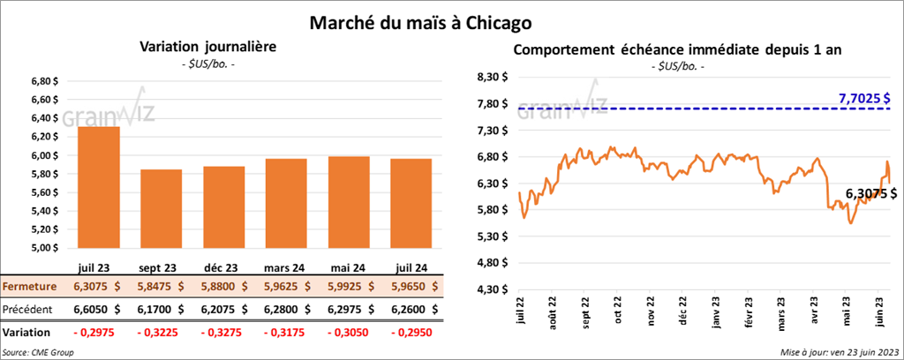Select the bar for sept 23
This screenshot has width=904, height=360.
click(162, 208)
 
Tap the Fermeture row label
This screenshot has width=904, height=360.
click(30, 287)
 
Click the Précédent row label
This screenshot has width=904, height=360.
click(30, 309)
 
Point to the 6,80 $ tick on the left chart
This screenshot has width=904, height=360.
click(44, 81)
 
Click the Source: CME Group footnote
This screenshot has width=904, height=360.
click(39, 352)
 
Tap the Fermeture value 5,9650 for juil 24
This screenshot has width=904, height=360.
click(410, 287)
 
